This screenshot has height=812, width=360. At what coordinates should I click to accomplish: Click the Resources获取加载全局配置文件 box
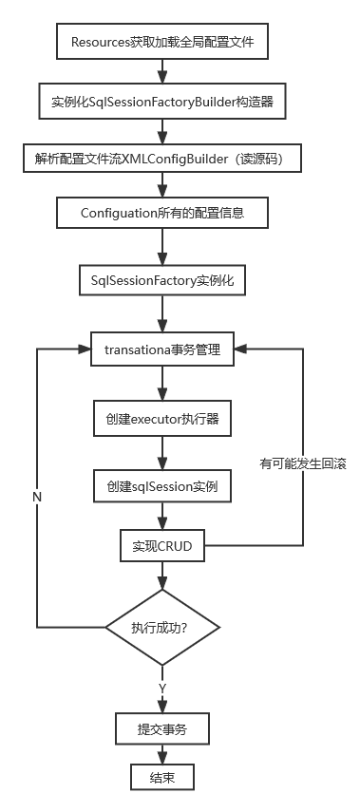click(161, 42)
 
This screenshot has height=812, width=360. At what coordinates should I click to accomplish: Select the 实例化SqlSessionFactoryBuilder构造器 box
click(161, 101)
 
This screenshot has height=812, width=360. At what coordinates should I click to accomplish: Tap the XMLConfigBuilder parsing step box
click(161, 158)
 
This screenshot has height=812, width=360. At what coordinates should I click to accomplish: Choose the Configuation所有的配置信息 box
click(161, 213)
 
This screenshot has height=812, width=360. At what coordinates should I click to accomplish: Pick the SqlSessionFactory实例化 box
click(161, 281)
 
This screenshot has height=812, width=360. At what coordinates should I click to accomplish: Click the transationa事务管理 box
click(161, 349)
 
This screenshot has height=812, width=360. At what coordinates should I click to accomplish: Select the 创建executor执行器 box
click(161, 418)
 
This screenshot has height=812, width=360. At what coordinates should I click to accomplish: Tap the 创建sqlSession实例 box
click(161, 487)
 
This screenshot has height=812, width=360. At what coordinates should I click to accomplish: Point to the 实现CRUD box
click(161, 546)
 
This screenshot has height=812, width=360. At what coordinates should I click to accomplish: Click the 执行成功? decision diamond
click(161, 627)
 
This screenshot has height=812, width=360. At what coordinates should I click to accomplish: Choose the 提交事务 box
click(161, 729)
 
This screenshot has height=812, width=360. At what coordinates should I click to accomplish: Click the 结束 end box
click(161, 779)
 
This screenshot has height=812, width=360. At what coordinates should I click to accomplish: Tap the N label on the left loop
click(36, 497)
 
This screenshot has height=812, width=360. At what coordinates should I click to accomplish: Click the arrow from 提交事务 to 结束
click(161, 755)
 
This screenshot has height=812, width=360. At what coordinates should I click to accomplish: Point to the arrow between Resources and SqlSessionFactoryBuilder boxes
click(161, 71)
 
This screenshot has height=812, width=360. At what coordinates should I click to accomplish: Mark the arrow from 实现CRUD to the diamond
click(161, 576)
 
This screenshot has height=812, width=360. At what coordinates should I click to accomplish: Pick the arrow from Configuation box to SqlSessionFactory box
click(161, 247)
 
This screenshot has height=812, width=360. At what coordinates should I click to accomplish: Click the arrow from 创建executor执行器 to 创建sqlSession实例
click(161, 452)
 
